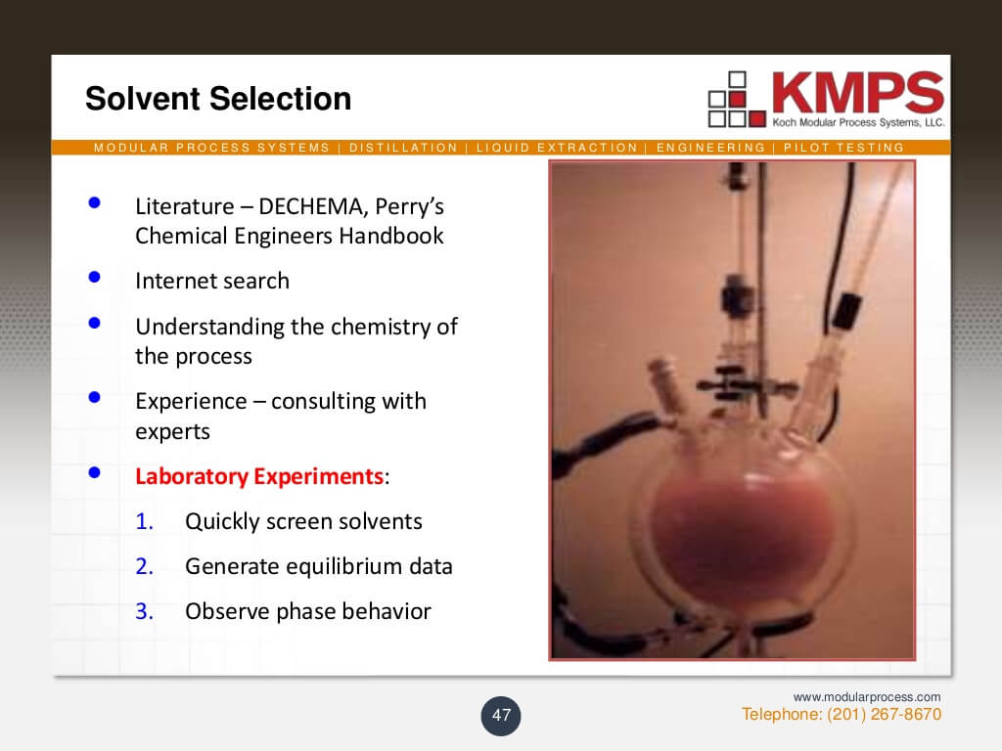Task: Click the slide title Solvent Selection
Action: click(217, 99)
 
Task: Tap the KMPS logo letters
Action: click(857, 93)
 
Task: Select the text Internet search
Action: click(212, 281)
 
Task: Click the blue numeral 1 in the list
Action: click(144, 521)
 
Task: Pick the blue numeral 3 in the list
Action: click(144, 612)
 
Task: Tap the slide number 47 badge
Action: click(501, 716)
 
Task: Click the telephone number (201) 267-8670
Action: click(884, 714)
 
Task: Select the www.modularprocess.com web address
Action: click(867, 696)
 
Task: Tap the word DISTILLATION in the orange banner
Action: click(403, 148)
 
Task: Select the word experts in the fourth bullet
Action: click(172, 431)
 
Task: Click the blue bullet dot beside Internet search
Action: click(95, 277)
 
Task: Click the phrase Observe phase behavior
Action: click(308, 612)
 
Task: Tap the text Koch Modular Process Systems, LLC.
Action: click(857, 122)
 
